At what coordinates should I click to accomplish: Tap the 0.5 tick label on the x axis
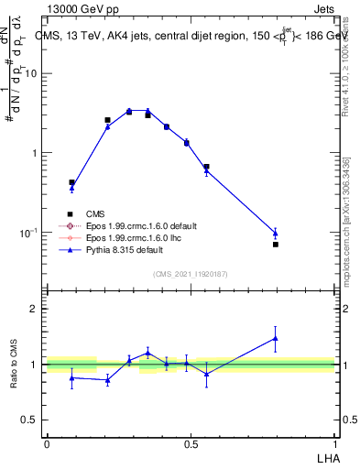(191, 442)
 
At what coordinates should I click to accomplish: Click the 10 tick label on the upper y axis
(30, 74)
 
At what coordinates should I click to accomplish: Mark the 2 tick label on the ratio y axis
(34, 309)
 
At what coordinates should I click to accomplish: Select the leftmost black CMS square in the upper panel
(72, 182)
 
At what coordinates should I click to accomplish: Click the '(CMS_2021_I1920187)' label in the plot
(191, 274)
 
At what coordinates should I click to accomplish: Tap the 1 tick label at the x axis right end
(334, 442)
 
